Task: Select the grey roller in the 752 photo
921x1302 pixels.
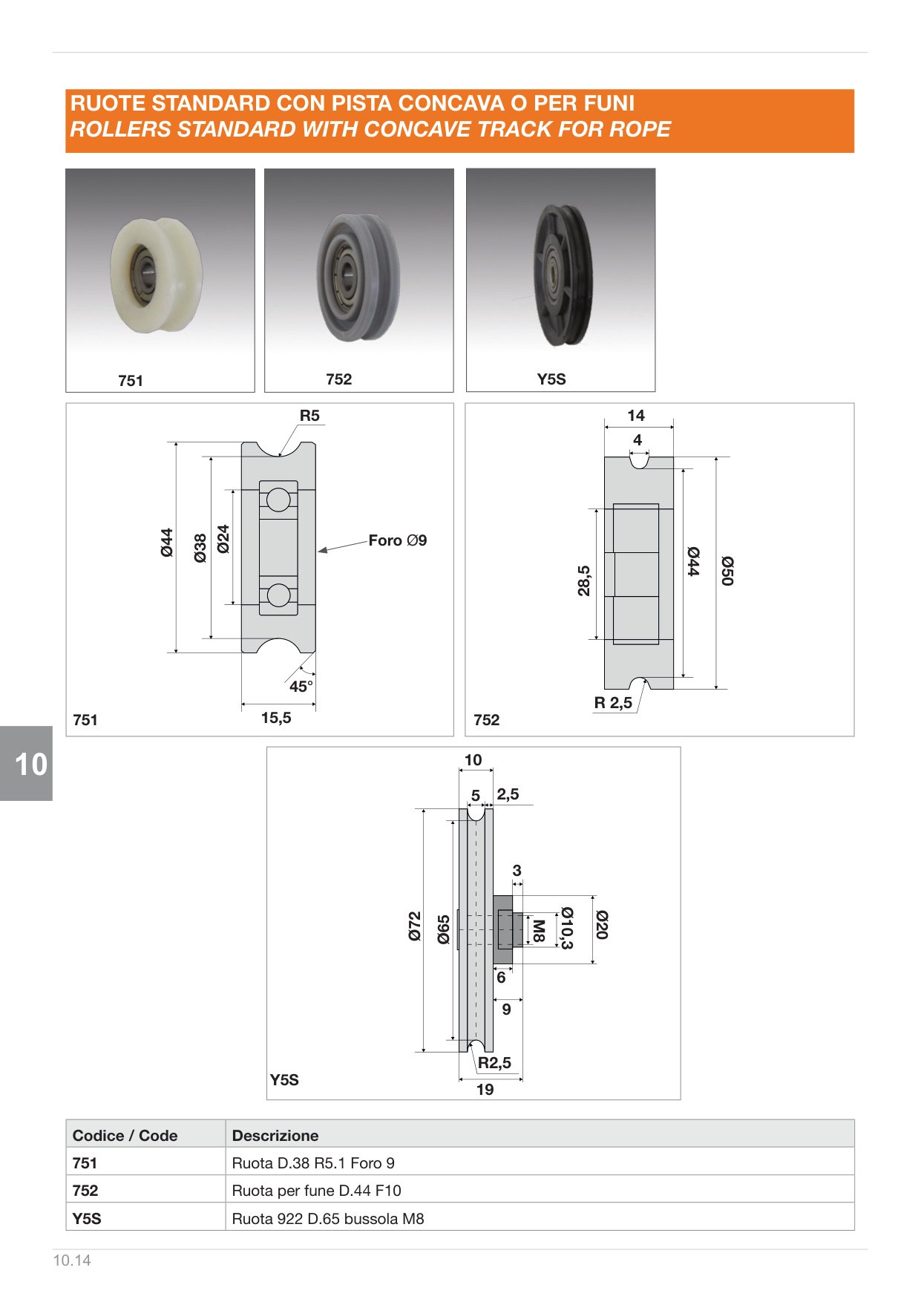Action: [358, 278]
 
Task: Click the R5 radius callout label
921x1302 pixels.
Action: [309, 416]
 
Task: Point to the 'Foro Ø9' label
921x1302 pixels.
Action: [398, 540]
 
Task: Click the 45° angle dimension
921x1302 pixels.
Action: [301, 687]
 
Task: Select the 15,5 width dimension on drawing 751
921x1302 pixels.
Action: [276, 718]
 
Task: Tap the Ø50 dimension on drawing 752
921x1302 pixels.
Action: [727, 571]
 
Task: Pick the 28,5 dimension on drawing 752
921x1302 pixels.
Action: [584, 580]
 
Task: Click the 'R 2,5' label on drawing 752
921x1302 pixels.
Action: [613, 702]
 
